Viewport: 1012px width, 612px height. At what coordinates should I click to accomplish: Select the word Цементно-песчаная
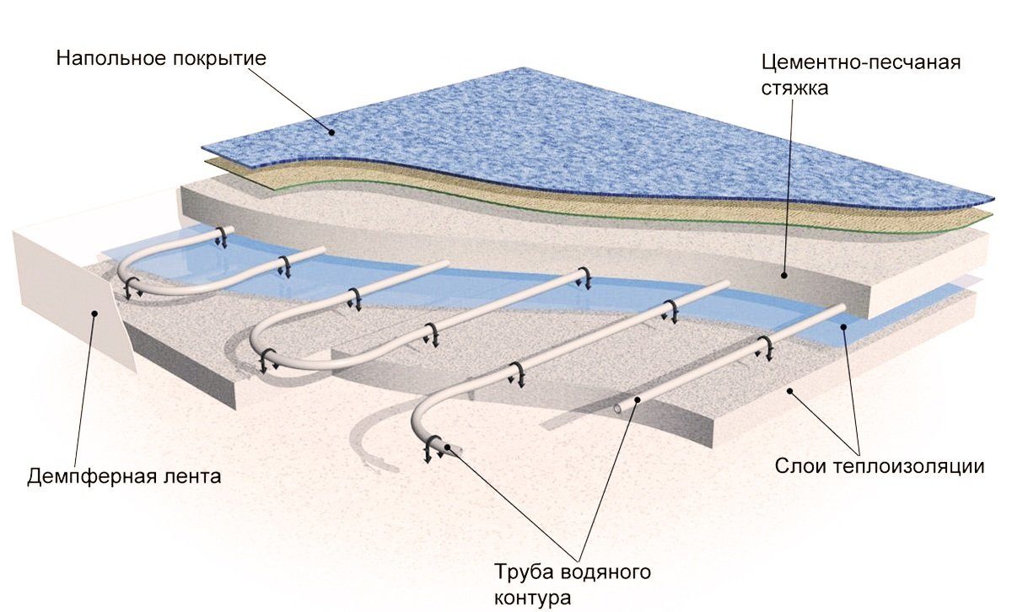tap(860, 63)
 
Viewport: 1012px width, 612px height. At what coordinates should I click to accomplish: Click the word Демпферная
tap(81, 476)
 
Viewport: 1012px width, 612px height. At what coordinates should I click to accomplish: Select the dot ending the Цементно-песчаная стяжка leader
tap(784, 274)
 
